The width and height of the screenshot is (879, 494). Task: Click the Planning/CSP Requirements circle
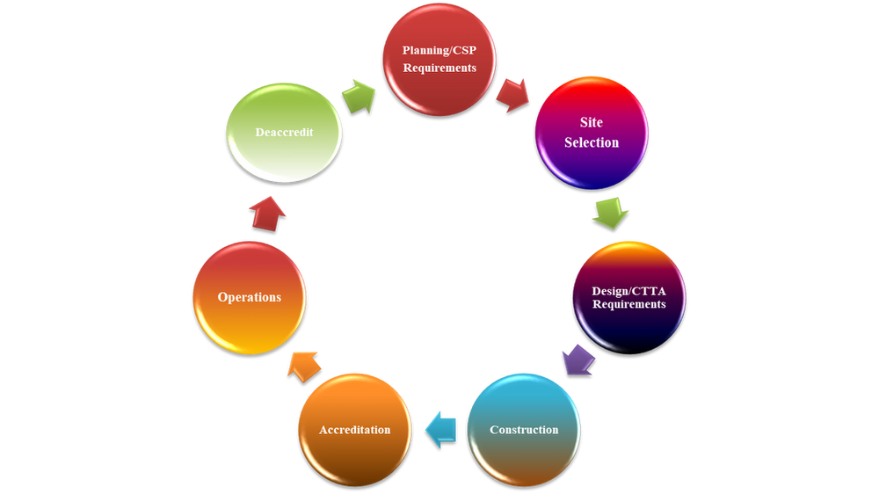439,58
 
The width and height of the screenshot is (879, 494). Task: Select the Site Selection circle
592,132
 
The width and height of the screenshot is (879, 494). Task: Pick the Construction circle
524,429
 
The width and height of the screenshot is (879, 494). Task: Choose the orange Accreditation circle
355,429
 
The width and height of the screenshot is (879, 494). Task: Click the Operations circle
250,297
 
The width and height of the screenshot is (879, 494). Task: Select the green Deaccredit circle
284,132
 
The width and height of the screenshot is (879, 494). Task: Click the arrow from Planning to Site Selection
512,92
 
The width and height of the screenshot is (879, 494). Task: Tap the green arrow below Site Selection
608,212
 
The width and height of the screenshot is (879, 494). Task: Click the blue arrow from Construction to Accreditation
441,428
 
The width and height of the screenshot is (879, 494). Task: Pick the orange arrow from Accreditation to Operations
303,363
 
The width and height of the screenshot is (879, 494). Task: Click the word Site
592,123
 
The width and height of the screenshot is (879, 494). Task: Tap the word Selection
592,142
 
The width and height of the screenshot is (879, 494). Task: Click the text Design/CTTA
628,291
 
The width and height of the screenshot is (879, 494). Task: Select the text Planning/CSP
439,50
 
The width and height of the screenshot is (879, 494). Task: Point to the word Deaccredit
284,132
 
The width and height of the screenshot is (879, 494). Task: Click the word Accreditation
355,430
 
